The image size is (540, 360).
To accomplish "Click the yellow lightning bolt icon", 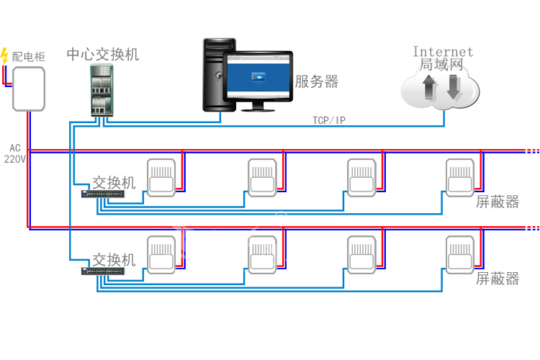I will point(5,55).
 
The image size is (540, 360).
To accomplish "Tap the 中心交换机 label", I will point(103,55).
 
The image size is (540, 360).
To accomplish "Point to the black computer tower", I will point(219,75).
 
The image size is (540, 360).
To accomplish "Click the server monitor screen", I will point(258,78).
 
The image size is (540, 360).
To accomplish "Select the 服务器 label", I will point(317,81).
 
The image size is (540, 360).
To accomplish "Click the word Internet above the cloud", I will point(443,51).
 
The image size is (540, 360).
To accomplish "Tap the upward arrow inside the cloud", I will point(430,88).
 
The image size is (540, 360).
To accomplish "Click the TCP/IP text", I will point(328,120).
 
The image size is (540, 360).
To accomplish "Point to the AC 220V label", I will point(15,153).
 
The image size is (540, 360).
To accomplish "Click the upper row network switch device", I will point(104,193).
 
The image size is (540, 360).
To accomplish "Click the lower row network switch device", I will point(104,271).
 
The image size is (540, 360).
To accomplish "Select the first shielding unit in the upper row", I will point(161,177).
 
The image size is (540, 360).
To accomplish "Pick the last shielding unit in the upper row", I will point(459,177).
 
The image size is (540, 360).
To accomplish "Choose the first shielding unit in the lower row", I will point(161,255).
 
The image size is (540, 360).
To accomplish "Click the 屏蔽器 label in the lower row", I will point(498,279).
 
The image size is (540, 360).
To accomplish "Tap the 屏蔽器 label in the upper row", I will point(498,202).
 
